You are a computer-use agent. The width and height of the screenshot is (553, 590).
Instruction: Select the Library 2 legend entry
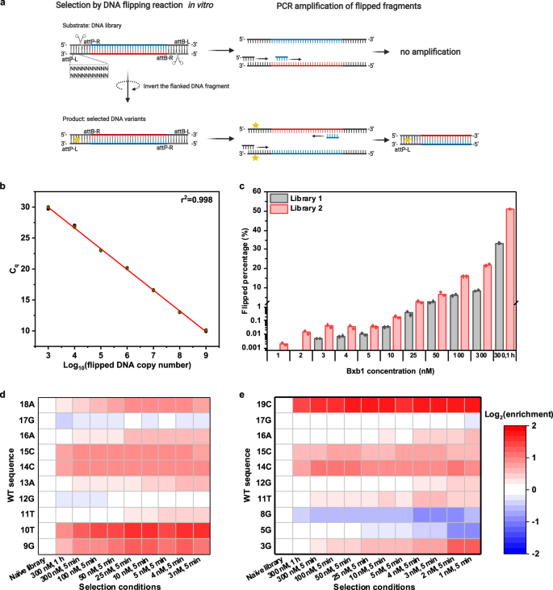[324, 210]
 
